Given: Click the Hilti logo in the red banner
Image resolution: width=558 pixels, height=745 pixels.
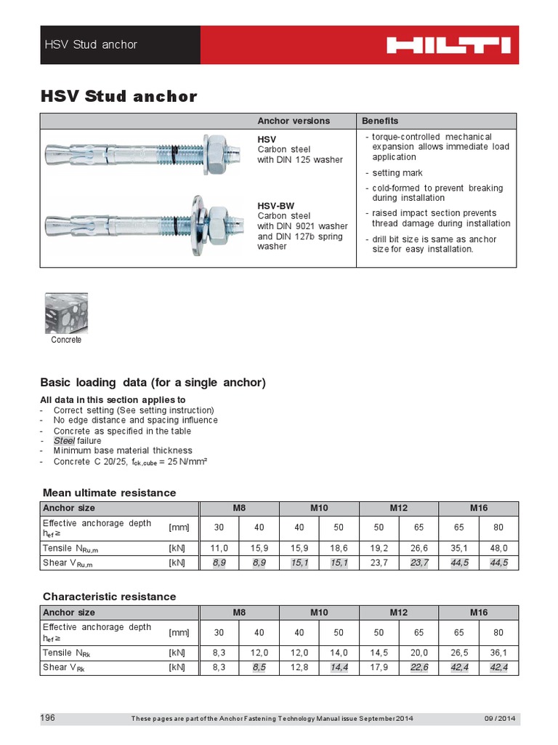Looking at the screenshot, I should (448, 45).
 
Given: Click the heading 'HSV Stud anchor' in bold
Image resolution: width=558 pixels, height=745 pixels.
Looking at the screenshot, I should (118, 96).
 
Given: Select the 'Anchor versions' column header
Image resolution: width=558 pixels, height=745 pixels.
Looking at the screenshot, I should (294, 121).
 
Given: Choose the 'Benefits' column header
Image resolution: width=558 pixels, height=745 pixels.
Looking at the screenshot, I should (381, 121).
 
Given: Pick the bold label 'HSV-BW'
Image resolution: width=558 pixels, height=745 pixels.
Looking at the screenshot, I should (275, 206).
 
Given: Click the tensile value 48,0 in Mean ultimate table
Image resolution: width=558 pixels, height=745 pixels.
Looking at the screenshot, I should (498, 548).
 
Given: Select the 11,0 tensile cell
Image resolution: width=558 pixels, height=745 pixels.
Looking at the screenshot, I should (219, 548).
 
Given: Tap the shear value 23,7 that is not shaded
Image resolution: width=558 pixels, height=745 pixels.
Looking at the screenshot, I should (379, 562).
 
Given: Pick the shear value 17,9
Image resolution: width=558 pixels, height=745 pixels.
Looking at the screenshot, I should (379, 666).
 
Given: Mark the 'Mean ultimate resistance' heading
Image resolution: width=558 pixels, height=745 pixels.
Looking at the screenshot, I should (109, 493).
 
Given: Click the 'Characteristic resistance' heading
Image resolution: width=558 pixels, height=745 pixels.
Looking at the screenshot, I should (109, 597).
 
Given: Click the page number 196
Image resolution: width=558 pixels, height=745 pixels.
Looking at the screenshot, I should (47, 718).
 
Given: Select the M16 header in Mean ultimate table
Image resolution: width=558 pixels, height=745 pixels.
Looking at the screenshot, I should (478, 508).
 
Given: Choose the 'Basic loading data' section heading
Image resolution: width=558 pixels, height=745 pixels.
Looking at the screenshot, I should (153, 383).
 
